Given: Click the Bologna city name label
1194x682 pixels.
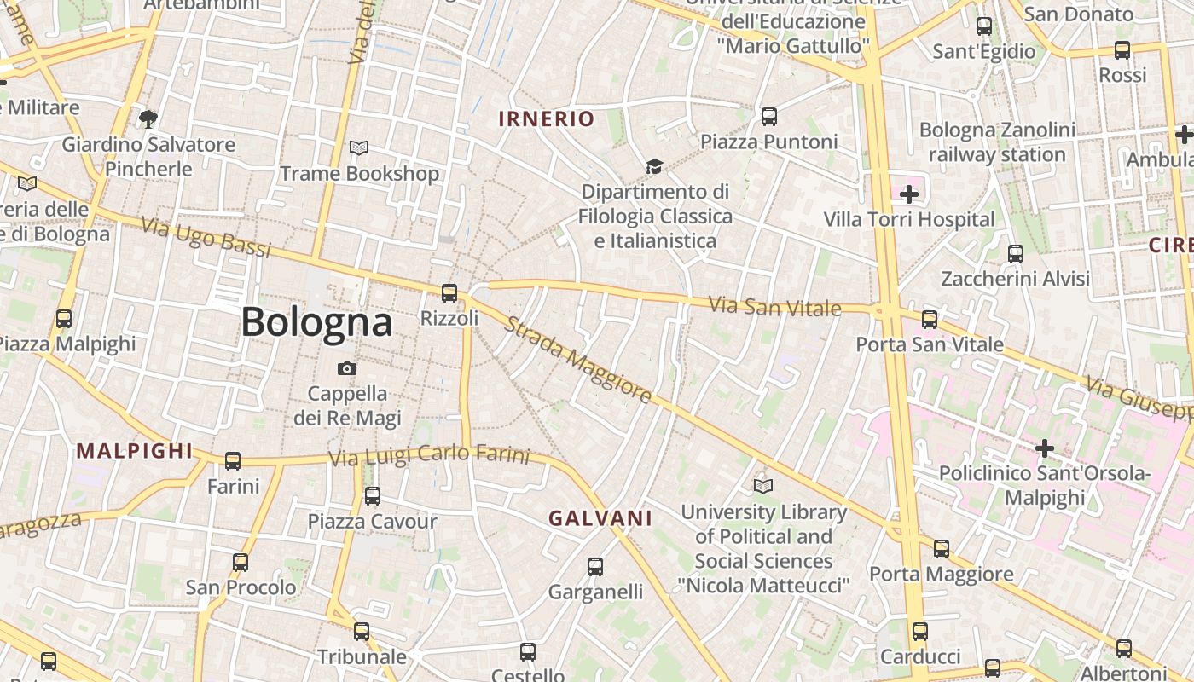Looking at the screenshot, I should tap(316, 322).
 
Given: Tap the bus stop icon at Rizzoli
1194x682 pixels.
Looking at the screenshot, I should tap(449, 293).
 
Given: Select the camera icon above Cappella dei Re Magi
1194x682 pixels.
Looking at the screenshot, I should tap(346, 368).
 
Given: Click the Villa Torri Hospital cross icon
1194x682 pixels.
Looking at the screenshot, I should tap(909, 194).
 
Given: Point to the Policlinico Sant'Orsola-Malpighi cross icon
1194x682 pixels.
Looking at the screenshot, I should tap(1044, 448).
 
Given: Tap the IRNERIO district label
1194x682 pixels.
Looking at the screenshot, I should tap(546, 118).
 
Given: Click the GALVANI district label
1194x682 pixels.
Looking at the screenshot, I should tap(600, 518).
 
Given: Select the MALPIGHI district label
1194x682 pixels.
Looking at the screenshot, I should tap(135, 451).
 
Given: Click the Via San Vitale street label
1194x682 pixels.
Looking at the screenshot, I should tap(775, 306).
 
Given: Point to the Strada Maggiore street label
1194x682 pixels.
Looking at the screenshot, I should tap(577, 360).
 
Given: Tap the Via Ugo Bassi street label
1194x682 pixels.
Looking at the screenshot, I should tap(206, 238).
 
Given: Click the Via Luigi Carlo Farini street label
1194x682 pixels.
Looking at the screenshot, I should tap(429, 455).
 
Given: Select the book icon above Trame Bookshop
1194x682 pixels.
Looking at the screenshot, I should tap(359, 148).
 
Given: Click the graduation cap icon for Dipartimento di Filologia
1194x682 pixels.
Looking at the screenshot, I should tap(654, 166).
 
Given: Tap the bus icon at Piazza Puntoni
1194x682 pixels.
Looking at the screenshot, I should tap(768, 116).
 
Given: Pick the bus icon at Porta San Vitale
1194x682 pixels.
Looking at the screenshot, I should tap(930, 320).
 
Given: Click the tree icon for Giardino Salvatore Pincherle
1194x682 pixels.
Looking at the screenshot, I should tap(148, 118).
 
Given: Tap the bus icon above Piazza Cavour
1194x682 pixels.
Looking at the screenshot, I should tap(372, 495).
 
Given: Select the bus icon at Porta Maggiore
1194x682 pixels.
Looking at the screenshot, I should tap(941, 548).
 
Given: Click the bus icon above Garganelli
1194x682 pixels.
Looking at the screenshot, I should tap(595, 566).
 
